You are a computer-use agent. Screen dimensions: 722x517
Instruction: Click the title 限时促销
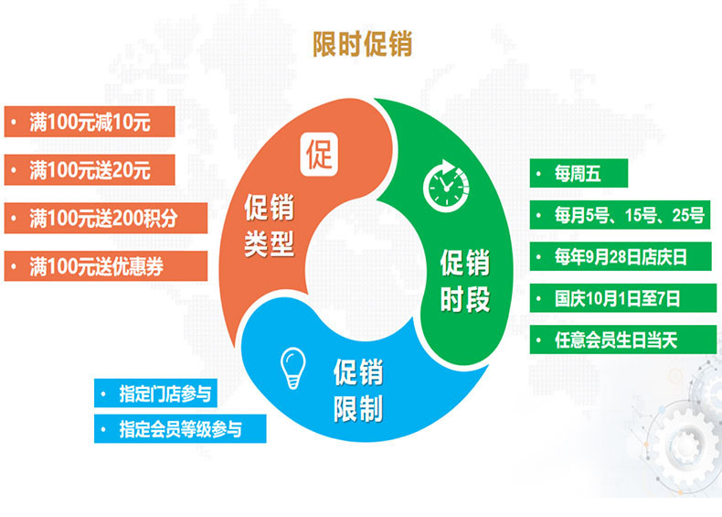(x=363, y=44)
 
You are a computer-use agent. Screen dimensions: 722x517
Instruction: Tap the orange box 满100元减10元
(x=90, y=122)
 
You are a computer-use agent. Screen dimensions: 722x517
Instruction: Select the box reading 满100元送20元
(x=90, y=169)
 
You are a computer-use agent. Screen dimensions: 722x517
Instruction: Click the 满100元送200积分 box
(x=106, y=218)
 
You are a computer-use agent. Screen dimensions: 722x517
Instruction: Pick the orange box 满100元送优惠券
(x=106, y=265)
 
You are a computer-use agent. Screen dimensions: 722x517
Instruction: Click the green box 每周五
(x=579, y=173)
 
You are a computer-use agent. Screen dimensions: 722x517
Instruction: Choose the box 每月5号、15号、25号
(x=620, y=215)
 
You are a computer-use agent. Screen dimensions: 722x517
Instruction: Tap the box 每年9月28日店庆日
(x=621, y=256)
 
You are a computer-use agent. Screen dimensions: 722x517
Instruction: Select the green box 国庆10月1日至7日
(x=623, y=298)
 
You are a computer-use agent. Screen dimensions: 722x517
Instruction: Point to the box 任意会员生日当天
(x=623, y=339)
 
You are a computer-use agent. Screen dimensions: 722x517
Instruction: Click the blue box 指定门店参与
(x=155, y=393)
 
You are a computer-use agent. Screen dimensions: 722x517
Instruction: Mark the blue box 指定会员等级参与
(x=180, y=428)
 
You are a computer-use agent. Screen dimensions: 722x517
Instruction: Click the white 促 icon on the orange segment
(x=319, y=155)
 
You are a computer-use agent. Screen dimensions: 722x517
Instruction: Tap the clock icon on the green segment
(x=446, y=186)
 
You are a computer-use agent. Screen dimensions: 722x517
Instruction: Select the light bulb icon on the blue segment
(x=292, y=368)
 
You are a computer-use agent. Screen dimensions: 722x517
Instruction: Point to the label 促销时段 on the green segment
(x=465, y=280)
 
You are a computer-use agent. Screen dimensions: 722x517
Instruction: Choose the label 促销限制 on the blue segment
(x=358, y=390)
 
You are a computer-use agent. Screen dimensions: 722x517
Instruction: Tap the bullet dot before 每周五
(x=538, y=174)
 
